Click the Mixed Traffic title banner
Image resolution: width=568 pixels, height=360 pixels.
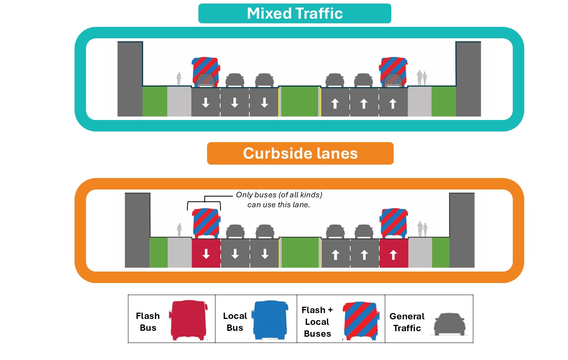pos(295,13)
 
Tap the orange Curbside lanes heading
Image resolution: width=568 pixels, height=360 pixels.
pos(300,153)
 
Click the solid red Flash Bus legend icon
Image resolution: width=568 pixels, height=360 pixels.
pos(189,320)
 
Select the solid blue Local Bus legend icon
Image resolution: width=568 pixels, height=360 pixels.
pos(270,320)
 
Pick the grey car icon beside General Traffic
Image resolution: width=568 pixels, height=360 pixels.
pos(450,324)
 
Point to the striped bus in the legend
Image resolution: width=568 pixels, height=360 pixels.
pos(361,321)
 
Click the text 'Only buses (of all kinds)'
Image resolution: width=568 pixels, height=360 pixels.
pos(279,195)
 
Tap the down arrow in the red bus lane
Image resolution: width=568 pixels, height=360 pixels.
pos(206,254)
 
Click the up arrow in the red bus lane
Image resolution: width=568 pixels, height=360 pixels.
pos(393,255)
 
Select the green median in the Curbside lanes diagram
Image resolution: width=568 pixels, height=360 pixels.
pos(300,253)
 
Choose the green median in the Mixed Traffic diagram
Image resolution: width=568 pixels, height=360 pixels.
pos(299,101)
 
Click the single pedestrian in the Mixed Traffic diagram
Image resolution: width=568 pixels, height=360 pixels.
pos(179,79)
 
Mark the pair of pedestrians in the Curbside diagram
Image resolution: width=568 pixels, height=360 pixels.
pos(422,229)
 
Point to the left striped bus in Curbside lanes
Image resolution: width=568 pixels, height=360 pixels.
pos(206,223)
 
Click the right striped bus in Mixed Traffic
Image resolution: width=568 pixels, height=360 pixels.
pos(393,72)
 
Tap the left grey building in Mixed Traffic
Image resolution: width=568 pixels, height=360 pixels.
pos(130,79)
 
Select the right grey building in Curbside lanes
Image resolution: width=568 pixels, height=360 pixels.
pos(462,230)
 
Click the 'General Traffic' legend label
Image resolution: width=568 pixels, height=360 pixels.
pos(407,322)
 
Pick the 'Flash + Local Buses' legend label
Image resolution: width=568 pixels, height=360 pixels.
pos(317,322)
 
